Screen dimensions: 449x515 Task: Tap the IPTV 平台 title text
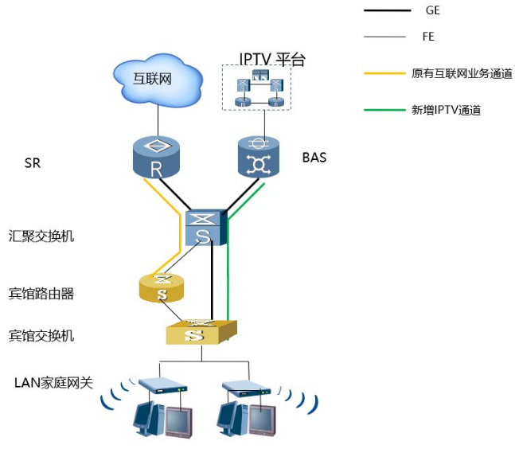pos(272,59)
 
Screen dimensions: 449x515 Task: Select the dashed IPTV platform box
pos(256,88)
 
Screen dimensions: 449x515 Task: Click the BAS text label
pos(314,158)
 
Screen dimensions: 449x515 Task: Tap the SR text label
pos(33,164)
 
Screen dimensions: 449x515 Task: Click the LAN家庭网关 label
pos(53,383)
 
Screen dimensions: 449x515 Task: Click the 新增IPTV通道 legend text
pos(446,111)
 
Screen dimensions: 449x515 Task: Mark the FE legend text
pos(428,37)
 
